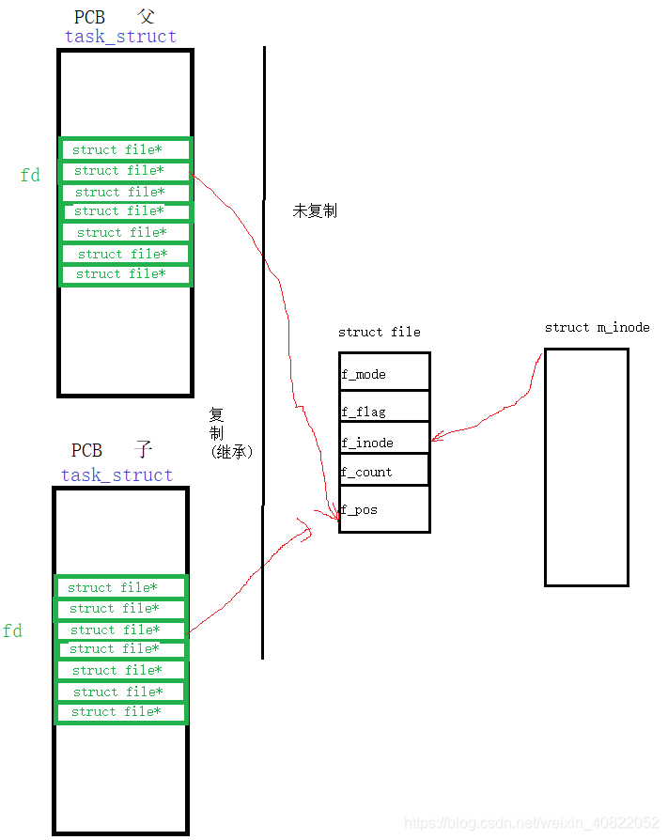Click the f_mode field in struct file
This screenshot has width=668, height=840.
(384, 373)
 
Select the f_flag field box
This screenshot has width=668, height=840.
(384, 410)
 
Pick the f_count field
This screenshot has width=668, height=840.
(384, 471)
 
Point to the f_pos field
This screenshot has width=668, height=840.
(384, 509)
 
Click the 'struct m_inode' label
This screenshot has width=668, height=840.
(597, 327)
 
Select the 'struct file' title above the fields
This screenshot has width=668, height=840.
(379, 332)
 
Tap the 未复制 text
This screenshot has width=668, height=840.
(314, 210)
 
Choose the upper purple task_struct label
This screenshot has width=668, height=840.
(120, 37)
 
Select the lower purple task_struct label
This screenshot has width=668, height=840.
(117, 475)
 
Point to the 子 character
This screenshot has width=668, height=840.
(143, 450)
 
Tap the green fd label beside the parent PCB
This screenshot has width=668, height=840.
(30, 175)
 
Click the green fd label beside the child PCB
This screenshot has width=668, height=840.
(12, 631)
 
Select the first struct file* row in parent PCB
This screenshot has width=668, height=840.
(125, 149)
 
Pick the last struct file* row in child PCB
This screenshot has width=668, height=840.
(120, 712)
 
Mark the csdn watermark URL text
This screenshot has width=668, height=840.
(531, 823)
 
